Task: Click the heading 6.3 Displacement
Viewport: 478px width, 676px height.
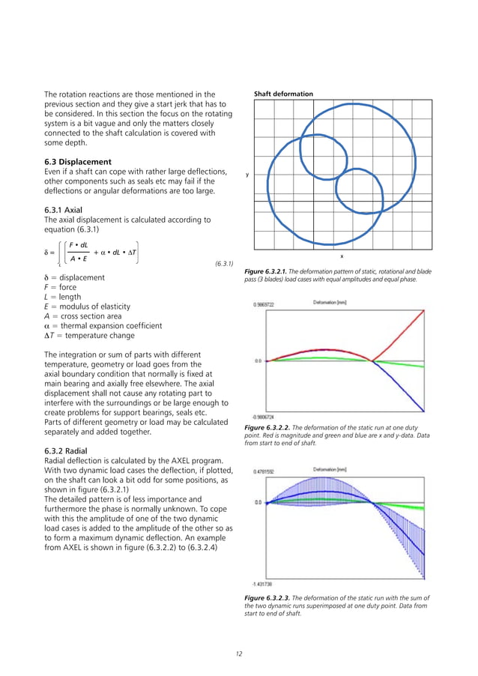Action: click(x=79, y=162)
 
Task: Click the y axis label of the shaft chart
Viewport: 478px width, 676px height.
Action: click(x=247, y=175)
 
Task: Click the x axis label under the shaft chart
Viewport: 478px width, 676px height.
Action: click(x=342, y=256)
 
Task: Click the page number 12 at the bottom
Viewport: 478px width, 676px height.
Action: click(x=239, y=655)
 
